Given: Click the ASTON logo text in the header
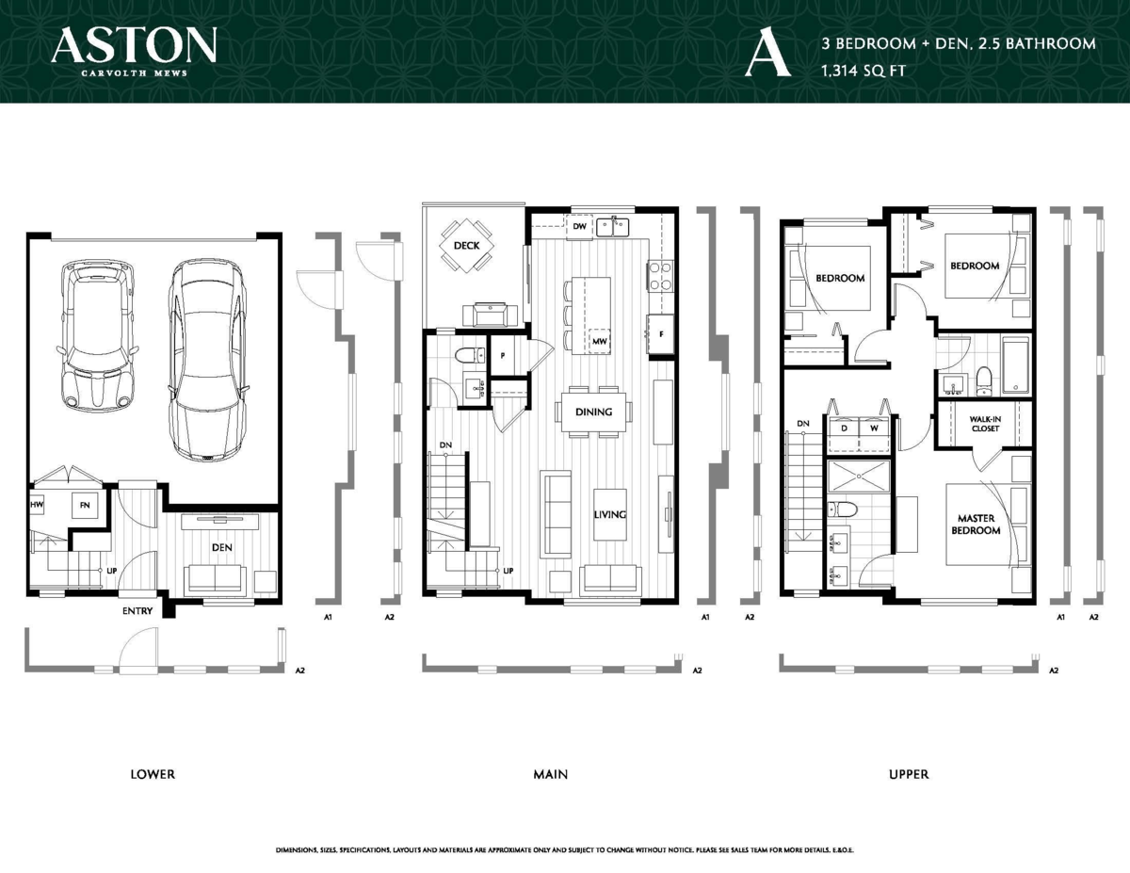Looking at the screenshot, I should pos(135,45).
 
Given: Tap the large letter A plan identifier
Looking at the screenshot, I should pos(766,54).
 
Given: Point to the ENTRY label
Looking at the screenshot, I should pos(137,611).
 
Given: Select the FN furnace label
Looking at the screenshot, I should pos(85,506).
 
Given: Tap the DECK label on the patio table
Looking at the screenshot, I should pos(466,246).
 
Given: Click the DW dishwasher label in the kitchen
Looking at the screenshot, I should pos(580,227).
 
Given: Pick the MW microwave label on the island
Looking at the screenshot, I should pos(599,340).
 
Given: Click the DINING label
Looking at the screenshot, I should pos(593,412).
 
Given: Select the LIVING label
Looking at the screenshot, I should pos(610,514).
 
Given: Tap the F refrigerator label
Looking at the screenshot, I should pos(661,333).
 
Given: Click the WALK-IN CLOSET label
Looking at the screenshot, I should pos(984,423).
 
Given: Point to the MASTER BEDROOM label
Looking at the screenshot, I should pos(977,525).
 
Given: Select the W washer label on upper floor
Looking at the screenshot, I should pos(875,427).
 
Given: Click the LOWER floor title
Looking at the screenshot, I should pos(153,774).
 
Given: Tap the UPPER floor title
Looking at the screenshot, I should pos(909,774).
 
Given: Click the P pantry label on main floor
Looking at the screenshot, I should pos(503,355).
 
